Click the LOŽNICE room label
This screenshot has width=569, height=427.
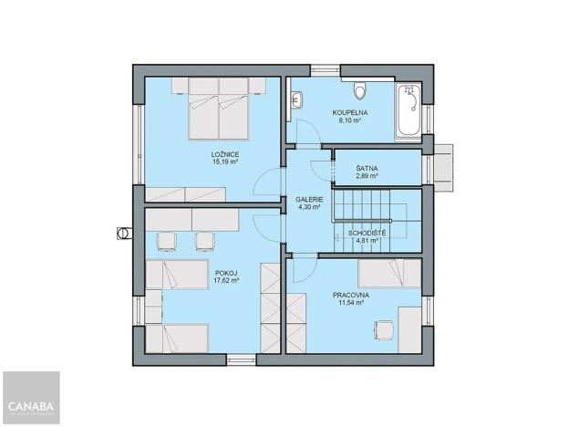point(225,155)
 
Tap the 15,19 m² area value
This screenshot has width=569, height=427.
point(225,163)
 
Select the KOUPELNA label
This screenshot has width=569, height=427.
point(349,111)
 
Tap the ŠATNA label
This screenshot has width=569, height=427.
point(367,167)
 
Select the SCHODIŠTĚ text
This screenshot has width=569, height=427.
point(367,234)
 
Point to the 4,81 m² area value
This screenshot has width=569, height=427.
point(367,243)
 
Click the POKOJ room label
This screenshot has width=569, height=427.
point(226,273)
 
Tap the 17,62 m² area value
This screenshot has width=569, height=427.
point(226,281)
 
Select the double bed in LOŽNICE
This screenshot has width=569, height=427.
point(220,109)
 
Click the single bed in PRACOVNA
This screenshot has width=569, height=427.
point(387,272)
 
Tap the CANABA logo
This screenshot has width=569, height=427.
point(30,404)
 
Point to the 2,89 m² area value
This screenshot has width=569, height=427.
point(367,175)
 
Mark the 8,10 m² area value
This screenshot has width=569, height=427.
point(349,120)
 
